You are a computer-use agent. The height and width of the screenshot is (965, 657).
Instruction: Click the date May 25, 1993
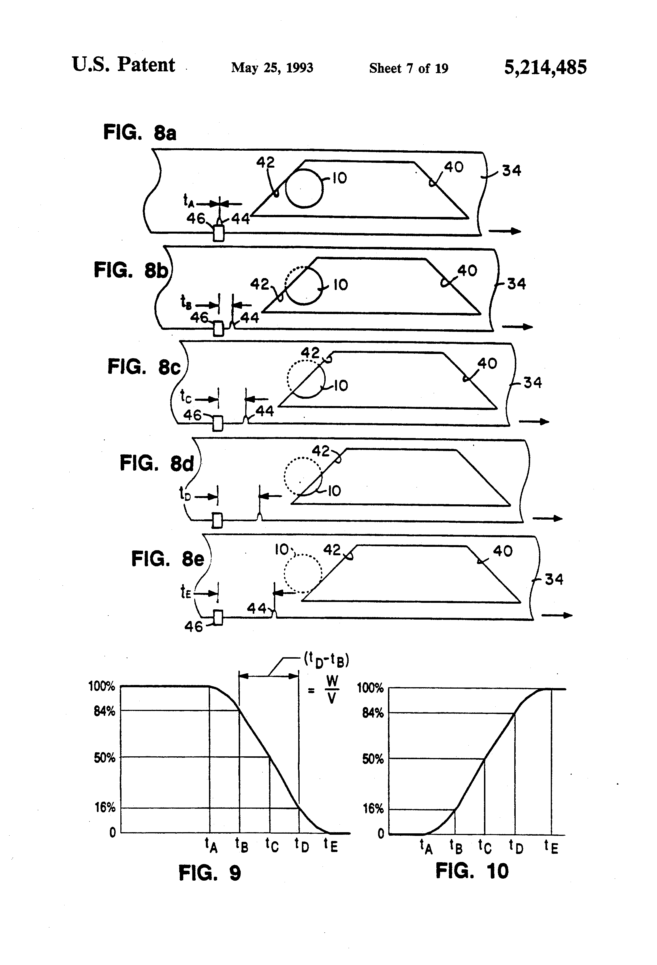[272, 68]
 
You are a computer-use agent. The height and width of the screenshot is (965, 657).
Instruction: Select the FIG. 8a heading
[140, 133]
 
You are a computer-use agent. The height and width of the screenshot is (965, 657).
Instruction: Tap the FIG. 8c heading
[144, 367]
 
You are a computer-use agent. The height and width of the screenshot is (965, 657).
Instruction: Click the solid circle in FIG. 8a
[304, 188]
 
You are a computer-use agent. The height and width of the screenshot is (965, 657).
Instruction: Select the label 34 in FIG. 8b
[516, 284]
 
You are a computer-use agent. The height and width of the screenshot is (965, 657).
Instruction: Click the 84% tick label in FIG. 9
[104, 711]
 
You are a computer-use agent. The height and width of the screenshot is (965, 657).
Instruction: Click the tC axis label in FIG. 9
[272, 845]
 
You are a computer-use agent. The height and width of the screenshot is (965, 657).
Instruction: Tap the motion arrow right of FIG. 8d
[547, 518]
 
